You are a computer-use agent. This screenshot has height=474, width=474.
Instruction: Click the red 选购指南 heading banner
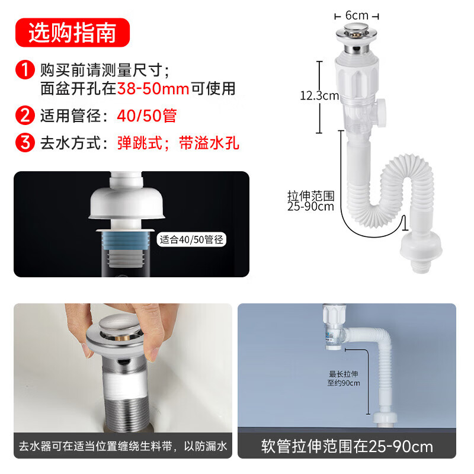(x=72, y=33)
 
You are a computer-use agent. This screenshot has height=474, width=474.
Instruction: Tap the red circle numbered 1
(x=25, y=70)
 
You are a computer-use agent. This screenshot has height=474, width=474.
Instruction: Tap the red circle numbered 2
(x=25, y=115)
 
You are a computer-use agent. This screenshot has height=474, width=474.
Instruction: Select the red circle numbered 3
(x=25, y=142)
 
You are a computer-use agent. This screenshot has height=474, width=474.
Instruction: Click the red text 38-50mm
(x=153, y=88)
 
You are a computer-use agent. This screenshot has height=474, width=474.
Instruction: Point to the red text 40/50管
(x=147, y=116)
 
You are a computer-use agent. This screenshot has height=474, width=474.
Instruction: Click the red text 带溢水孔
(x=209, y=143)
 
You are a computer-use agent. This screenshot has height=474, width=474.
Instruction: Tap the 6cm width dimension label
(x=357, y=15)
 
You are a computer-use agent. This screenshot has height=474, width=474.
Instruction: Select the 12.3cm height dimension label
(x=319, y=96)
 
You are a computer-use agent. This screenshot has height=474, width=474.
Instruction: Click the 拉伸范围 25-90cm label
(x=311, y=201)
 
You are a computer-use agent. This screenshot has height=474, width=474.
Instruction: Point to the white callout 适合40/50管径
(x=191, y=240)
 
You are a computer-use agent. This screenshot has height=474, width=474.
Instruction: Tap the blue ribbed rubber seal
(x=126, y=241)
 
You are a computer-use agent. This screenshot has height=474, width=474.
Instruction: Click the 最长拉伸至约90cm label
(x=344, y=379)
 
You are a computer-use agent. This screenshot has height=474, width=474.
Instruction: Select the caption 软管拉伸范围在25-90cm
(x=347, y=446)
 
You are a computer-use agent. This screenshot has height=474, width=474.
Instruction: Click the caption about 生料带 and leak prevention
(x=123, y=446)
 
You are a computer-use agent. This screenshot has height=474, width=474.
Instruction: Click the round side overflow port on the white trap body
(x=382, y=113)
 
